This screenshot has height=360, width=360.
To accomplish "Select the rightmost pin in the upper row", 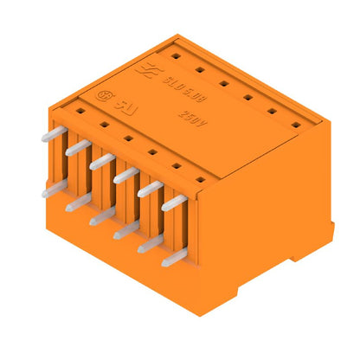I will (174, 202).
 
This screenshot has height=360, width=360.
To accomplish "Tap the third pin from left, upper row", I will (101, 160).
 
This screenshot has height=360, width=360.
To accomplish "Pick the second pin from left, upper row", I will (77, 147).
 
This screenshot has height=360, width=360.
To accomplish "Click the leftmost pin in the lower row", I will (53, 188).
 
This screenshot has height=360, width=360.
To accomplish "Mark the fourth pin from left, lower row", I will (125, 229).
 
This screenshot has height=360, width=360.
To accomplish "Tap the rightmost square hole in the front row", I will (200, 179).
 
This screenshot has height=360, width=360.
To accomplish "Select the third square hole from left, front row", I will (127, 138).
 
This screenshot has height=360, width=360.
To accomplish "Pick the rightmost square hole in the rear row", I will (295, 125).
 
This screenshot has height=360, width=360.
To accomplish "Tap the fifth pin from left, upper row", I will (150, 188).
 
